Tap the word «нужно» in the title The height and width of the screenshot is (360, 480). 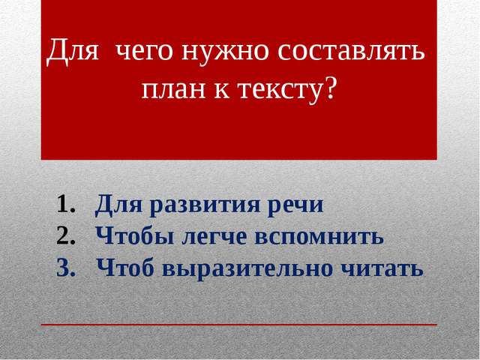click(225, 51)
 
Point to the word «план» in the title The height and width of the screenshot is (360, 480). click(173, 89)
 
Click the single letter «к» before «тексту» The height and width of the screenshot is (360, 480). click(222, 89)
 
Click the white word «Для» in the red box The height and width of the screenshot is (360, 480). click(73, 50)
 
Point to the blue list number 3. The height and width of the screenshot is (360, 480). click(66, 268)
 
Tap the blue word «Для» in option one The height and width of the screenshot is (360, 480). click(118, 205)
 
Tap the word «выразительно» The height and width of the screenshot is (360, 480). click(247, 269)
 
